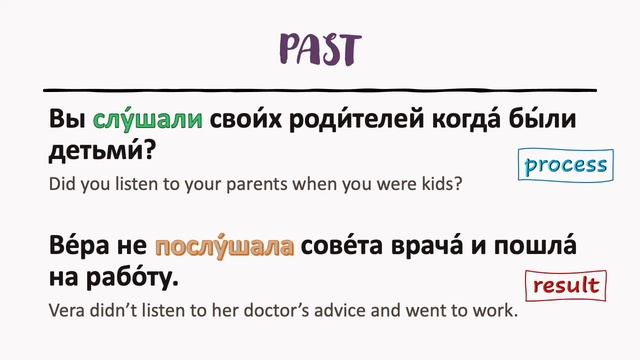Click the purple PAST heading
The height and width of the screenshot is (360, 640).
click(x=320, y=49)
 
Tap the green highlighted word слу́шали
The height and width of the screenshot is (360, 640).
click(x=148, y=119)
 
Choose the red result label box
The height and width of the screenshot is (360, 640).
click(x=565, y=286)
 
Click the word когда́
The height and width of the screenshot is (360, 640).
click(x=468, y=119)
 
